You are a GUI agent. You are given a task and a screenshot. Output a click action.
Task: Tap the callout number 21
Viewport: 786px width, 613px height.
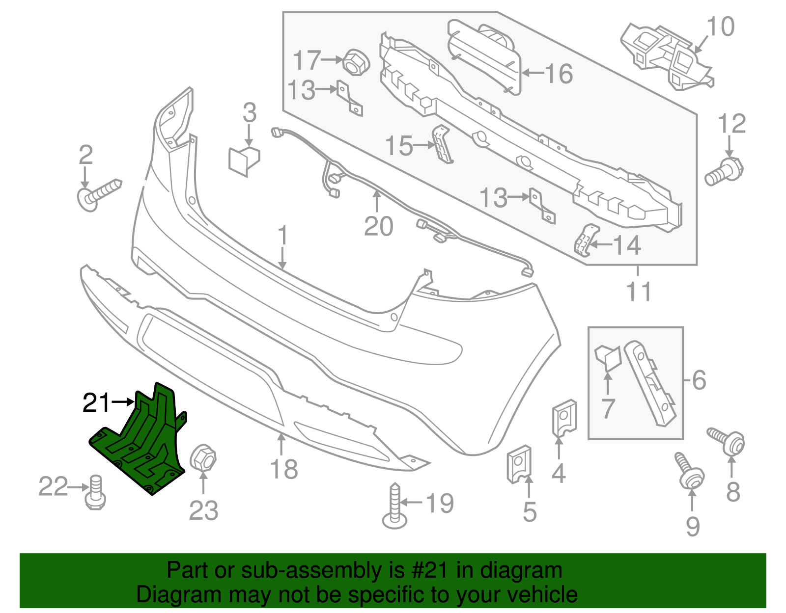tap(96, 403)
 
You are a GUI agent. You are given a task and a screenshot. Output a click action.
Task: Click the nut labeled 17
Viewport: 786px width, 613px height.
tap(356, 62)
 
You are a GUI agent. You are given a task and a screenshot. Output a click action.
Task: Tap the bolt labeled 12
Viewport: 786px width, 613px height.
tap(725, 171)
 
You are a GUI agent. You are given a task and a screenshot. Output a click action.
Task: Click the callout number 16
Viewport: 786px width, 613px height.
tap(559, 74)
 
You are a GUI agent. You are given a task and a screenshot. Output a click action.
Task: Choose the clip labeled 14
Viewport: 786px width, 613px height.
tap(586, 240)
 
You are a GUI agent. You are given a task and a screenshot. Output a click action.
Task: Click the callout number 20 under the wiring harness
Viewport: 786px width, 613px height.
tap(378, 226)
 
